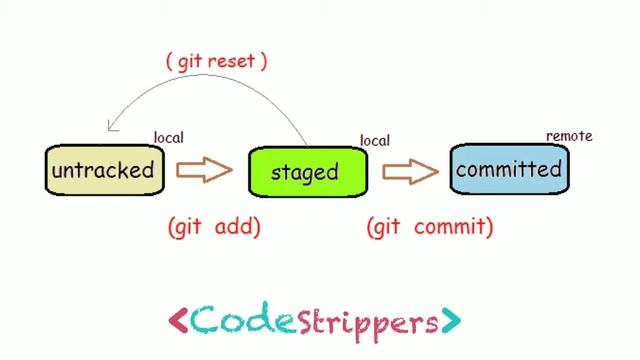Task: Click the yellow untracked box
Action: point(103,170)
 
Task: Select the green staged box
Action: point(305,172)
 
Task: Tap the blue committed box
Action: point(508,169)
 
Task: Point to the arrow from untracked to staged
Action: point(204,171)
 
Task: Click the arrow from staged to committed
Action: point(410,171)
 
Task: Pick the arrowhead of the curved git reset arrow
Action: point(113,127)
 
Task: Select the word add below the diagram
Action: point(237,227)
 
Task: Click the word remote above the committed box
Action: point(569,136)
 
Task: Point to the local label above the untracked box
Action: point(169,137)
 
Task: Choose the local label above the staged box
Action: point(375,141)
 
